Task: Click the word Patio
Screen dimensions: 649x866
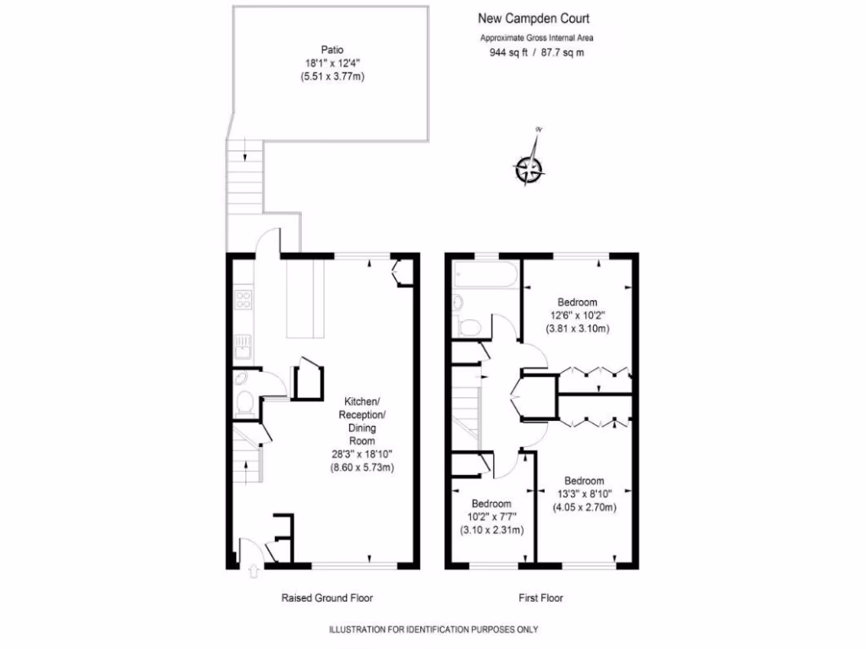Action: (x=332, y=49)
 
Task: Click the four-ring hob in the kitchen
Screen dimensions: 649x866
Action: (x=243, y=300)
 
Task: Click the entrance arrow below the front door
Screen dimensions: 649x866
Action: (x=253, y=572)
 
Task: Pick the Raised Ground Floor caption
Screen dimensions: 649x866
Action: (x=326, y=597)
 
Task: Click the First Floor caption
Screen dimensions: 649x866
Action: (x=540, y=597)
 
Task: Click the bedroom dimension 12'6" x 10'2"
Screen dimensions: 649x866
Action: (x=578, y=315)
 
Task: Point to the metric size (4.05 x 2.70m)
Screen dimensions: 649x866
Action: (x=584, y=507)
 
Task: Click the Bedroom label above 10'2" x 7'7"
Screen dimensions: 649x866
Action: (x=491, y=500)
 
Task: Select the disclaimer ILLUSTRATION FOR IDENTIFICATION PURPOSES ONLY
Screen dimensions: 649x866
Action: (x=432, y=630)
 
